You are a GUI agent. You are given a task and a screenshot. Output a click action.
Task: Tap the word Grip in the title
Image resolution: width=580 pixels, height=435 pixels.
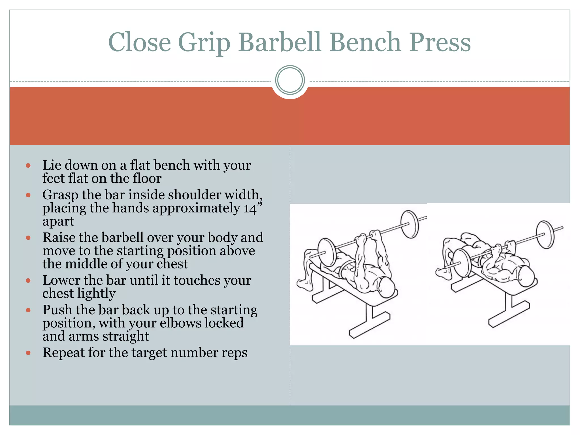[204, 42]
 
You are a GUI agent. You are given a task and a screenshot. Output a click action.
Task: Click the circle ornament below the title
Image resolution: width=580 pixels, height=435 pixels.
[290, 80]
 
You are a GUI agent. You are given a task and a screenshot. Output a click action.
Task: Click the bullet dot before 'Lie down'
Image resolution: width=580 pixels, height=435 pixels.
[28, 165]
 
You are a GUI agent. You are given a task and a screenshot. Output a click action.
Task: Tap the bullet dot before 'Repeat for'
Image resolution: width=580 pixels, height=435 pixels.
[28, 353]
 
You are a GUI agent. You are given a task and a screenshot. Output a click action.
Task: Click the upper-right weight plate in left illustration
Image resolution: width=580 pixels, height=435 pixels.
[410, 224]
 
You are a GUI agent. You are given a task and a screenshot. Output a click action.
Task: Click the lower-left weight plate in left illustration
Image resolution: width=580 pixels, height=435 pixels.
[327, 252]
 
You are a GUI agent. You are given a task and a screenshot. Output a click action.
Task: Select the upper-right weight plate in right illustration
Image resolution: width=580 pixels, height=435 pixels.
[545, 234]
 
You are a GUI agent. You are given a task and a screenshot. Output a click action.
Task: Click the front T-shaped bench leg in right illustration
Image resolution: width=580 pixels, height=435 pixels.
[508, 312]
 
